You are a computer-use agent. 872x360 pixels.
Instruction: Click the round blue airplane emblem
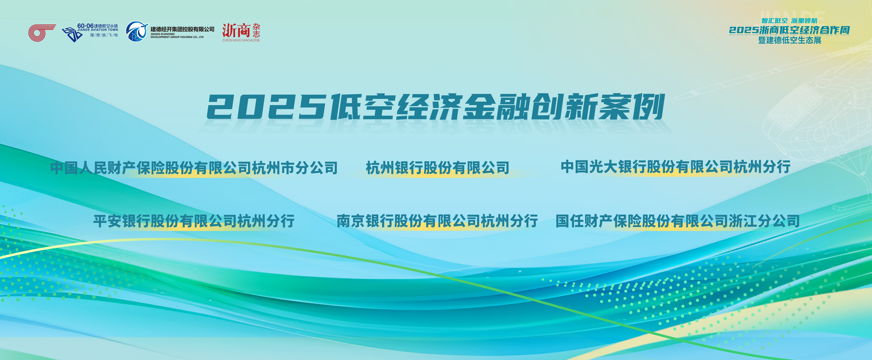(137, 31)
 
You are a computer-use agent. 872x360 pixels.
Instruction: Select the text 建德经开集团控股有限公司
(182, 29)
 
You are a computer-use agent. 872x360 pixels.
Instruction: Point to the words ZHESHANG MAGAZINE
(241, 40)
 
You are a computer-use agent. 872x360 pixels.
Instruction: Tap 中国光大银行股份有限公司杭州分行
(676, 167)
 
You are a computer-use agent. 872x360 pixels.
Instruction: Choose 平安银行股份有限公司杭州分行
(194, 221)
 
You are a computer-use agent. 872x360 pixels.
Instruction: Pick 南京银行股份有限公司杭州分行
(437, 221)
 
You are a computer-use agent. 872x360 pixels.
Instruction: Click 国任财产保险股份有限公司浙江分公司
(678, 221)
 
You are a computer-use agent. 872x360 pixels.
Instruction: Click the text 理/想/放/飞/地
(104, 35)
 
